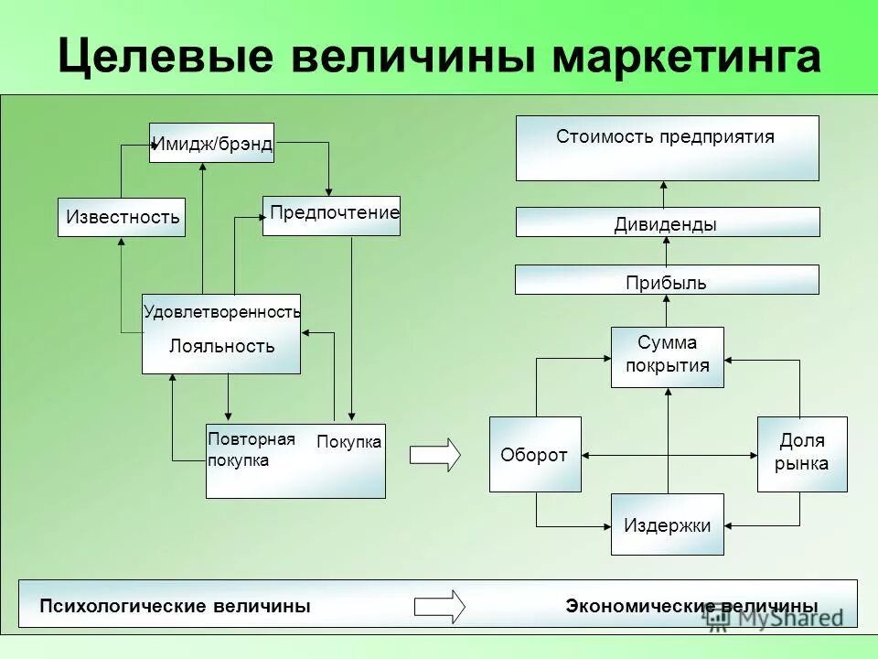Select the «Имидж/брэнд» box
[211, 143]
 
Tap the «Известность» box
[122, 218]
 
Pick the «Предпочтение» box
[331, 216]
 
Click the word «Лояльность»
[221, 346]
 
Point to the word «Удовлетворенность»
[221, 312]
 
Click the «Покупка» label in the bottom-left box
[348, 443]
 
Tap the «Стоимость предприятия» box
[667, 147]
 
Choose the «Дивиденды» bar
[667, 222]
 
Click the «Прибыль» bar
[667, 280]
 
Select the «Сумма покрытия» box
[667, 356]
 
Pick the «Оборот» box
[535, 455]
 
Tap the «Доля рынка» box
[801, 454]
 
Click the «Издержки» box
[667, 524]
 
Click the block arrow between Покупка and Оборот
[435, 455]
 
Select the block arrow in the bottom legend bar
[440, 606]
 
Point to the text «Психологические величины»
[175, 606]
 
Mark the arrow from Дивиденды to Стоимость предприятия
[665, 194]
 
